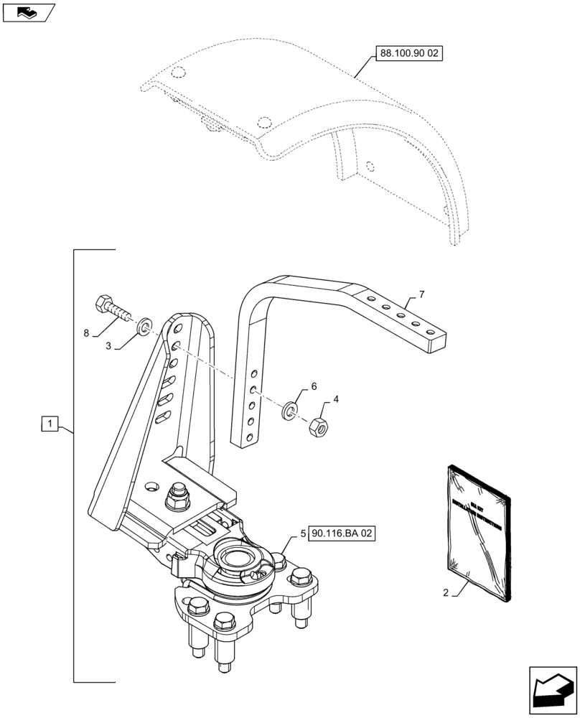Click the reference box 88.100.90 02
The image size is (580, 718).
coord(408,54)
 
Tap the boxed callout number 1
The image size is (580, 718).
coord(49,424)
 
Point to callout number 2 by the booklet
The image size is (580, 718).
coord(446,593)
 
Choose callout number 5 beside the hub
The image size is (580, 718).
coord(303,534)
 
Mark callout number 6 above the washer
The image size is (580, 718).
coord(313,387)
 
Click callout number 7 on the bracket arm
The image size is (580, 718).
coord(421,295)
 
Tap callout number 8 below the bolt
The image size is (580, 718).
coord(87,334)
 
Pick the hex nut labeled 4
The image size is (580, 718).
coord(317,427)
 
